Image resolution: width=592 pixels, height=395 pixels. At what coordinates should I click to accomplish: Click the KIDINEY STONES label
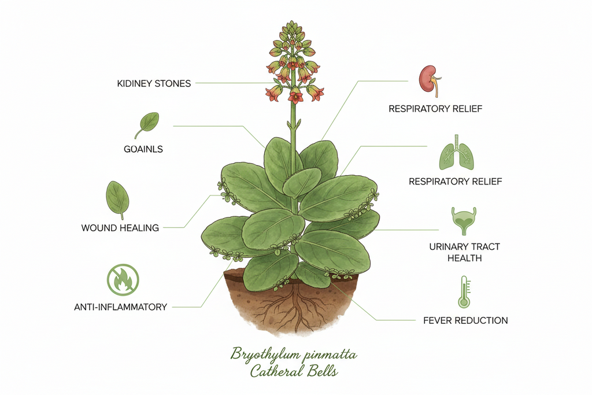coord(154,83)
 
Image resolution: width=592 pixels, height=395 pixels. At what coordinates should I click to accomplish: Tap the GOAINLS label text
coord(143,149)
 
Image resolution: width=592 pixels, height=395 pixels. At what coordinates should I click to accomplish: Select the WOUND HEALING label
coord(120,228)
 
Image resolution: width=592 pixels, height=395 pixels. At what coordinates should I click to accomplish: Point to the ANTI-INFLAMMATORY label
coord(120,307)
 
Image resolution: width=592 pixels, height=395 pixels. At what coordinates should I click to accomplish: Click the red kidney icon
coord(430,80)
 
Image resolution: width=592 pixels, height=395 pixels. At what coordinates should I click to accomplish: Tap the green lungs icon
coord(457,153)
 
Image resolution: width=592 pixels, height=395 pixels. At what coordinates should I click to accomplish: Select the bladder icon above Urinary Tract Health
coord(464,221)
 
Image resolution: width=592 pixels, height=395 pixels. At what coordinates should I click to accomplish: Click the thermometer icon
coord(464,292)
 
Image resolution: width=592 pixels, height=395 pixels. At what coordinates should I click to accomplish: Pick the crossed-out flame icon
coord(123,280)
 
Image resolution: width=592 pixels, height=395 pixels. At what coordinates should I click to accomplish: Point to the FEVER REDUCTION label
coord(465,320)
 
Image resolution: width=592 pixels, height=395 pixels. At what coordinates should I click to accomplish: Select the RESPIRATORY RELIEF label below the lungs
coord(456,182)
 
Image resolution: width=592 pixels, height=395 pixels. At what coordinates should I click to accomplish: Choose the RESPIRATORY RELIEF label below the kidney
coord(435,109)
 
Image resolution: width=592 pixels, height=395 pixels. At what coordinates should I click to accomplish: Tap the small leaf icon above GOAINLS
coord(147,125)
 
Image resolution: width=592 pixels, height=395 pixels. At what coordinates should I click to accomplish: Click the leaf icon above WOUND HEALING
coord(117,200)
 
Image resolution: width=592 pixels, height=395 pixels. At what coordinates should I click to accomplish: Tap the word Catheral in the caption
coord(276,371)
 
